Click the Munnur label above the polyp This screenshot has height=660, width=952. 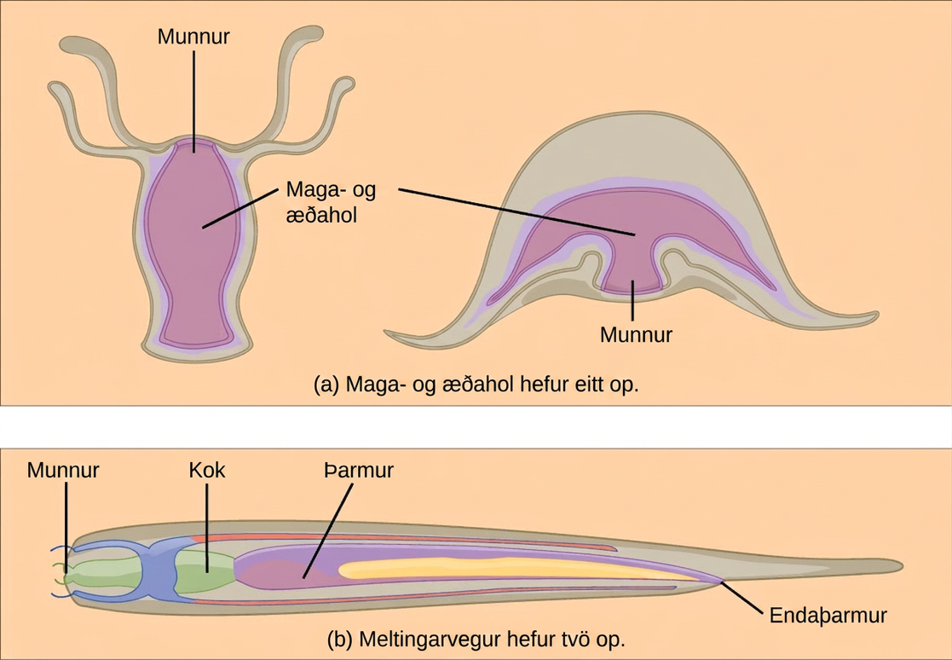tap(193, 37)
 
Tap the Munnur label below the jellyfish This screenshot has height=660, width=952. tap(636, 334)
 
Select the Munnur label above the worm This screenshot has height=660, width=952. tap(62, 470)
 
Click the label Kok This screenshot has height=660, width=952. tap(207, 470)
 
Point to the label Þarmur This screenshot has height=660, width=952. tap(358, 470)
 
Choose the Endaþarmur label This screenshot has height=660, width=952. tap(828, 615)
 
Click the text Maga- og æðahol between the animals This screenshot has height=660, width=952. tap(331, 202)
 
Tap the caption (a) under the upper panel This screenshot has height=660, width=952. tap(476, 385)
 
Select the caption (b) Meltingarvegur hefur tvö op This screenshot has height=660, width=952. tap(476, 639)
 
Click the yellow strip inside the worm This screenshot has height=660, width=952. tap(516, 568)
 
